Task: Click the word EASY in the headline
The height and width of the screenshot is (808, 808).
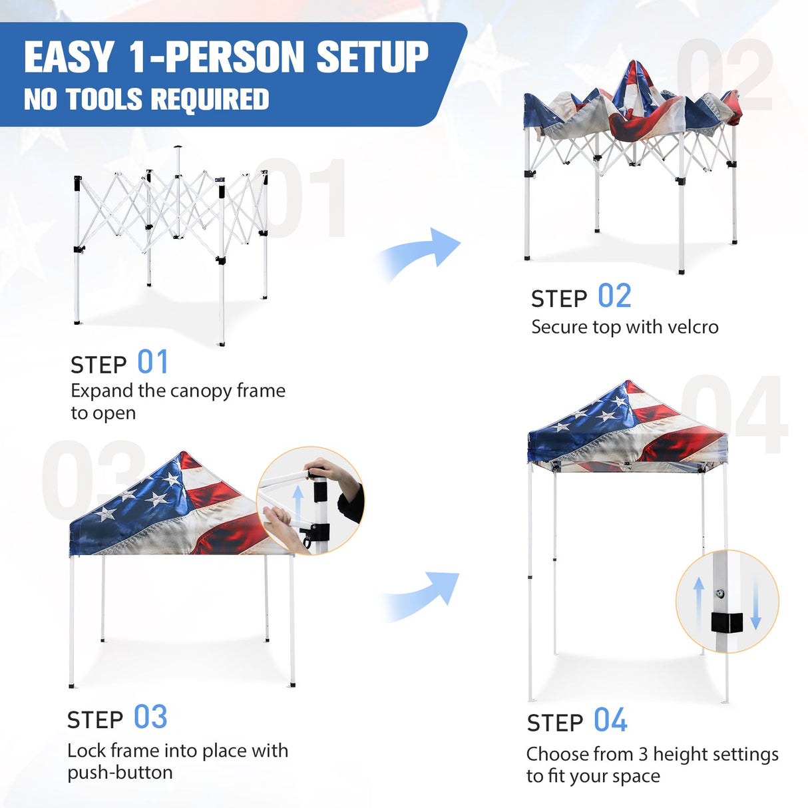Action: (x=69, y=57)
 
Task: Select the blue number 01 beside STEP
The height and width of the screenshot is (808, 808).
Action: (x=152, y=363)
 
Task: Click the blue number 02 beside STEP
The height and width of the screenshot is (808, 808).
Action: (x=614, y=297)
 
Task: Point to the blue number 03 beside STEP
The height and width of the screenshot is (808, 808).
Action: (x=150, y=717)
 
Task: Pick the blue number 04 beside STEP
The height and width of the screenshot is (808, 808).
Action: (x=610, y=721)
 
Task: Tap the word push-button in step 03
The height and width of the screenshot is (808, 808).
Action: (x=120, y=773)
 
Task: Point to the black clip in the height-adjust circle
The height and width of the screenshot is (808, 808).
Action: (x=726, y=622)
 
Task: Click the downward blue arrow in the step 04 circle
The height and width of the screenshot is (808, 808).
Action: (x=755, y=602)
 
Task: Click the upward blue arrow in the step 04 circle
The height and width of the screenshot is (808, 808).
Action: (x=698, y=602)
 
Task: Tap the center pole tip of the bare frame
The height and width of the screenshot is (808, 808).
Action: (x=178, y=148)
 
